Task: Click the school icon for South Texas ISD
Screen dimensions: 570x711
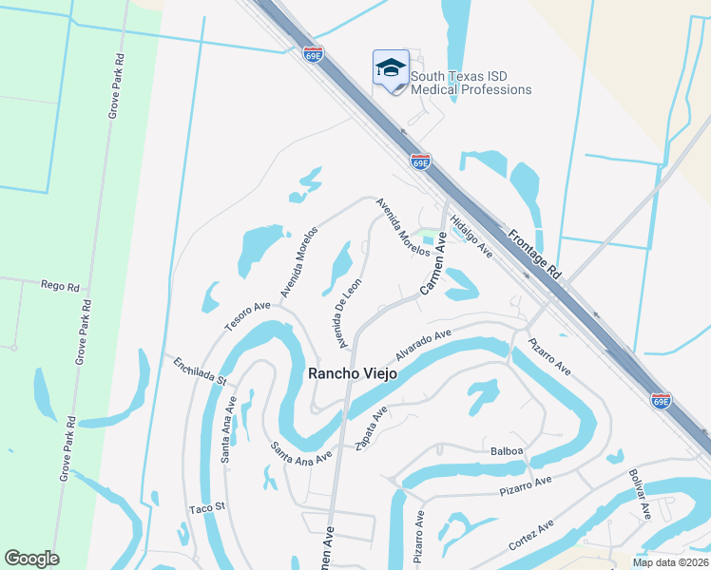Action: pos(390,68)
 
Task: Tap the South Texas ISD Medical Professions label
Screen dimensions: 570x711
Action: pos(471,83)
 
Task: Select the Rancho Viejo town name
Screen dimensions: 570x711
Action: pos(351,374)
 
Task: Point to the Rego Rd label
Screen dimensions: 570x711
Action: pos(58,284)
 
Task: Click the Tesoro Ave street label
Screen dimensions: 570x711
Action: pos(248,313)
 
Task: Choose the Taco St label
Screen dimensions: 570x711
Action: pos(205,508)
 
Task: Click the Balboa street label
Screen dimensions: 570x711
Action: pos(508,451)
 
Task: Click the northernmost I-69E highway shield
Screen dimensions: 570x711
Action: pos(314,53)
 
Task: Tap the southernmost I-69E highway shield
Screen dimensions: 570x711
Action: pos(662,400)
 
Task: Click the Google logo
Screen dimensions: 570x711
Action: pos(31,559)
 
